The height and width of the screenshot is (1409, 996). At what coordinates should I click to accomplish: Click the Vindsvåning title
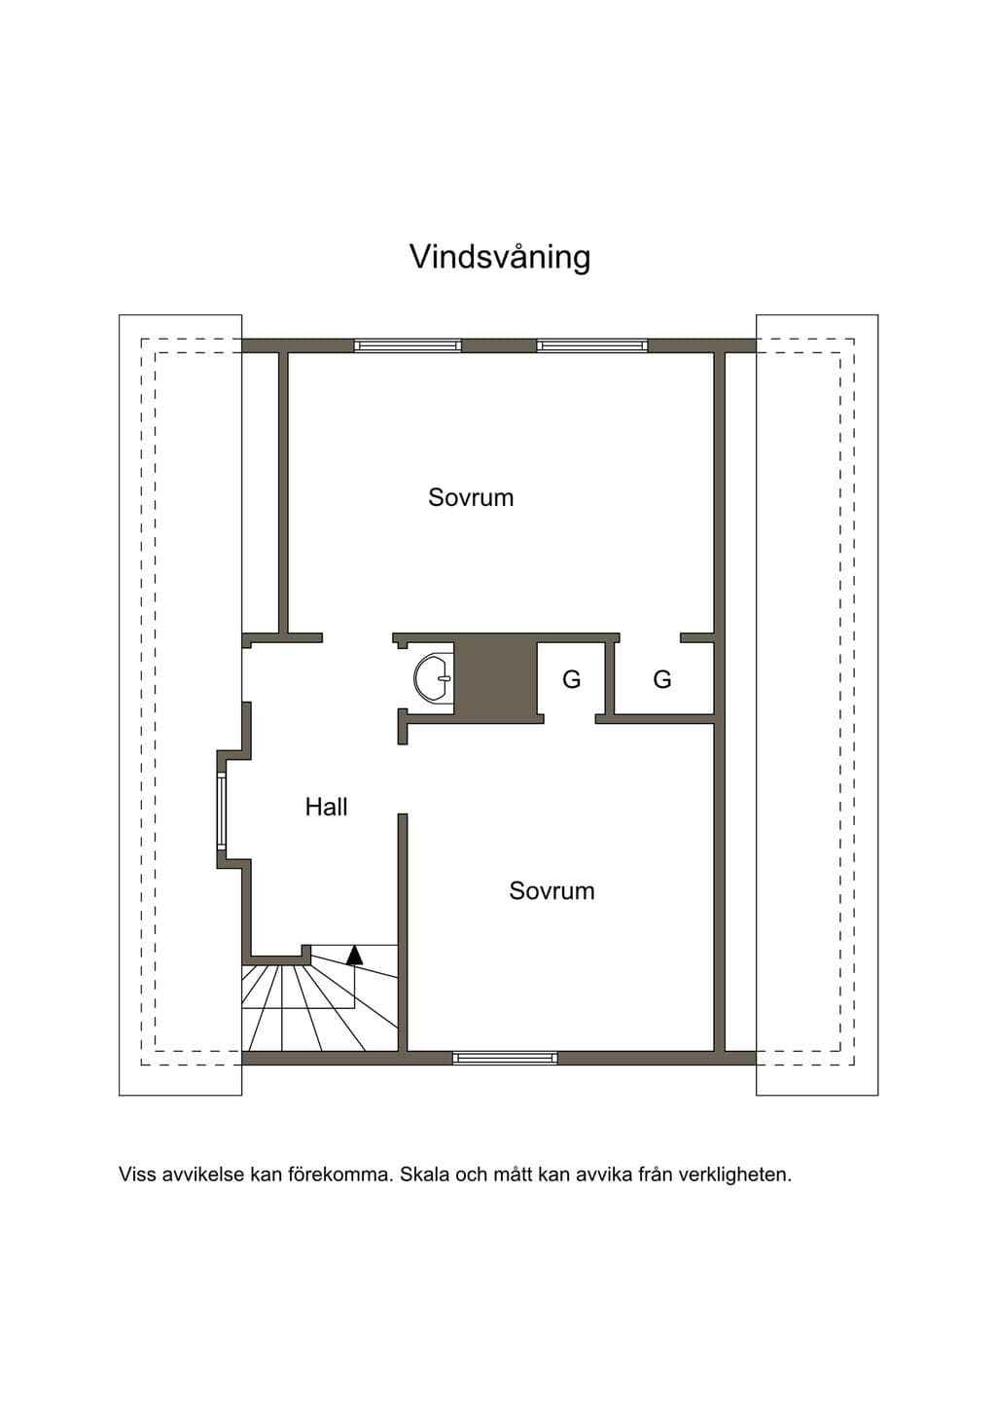(500, 258)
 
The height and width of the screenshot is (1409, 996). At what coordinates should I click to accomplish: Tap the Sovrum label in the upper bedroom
(471, 497)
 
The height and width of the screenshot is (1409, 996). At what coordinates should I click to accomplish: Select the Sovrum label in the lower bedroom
(551, 890)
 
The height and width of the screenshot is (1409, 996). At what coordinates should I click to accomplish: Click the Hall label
(327, 807)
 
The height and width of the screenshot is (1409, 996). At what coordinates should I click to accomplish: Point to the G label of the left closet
(572, 679)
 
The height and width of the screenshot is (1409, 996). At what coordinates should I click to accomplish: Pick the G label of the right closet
(662, 679)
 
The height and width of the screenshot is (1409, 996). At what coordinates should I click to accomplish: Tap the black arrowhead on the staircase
(355, 955)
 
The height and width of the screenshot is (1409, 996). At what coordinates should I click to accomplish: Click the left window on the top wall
(408, 345)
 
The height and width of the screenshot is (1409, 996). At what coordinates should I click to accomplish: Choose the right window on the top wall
(591, 345)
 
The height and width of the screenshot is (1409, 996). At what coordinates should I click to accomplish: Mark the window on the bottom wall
(505, 1058)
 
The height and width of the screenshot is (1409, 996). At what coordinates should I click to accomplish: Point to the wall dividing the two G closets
(609, 678)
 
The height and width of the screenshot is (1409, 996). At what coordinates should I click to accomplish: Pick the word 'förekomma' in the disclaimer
(343, 1174)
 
